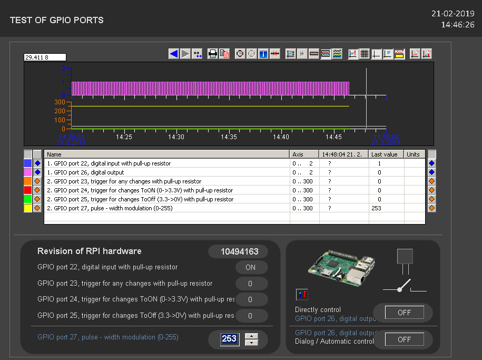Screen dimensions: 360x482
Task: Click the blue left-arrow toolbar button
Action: [174, 54]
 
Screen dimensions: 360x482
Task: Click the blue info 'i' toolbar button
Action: [263, 54]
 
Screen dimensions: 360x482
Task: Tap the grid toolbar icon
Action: [364, 54]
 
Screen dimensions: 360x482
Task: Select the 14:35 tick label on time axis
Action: [229, 137]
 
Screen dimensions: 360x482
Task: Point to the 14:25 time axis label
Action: [124, 137]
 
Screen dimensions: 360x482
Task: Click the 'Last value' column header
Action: [384, 154]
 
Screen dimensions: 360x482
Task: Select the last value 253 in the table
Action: [376, 208]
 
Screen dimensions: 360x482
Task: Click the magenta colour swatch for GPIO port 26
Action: [27, 172]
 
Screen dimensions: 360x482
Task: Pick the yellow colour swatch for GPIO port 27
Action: [27, 208]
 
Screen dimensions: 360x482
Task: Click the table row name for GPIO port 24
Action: [140, 190]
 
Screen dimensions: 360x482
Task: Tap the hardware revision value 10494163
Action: [238, 252]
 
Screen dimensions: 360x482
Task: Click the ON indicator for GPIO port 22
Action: [251, 268]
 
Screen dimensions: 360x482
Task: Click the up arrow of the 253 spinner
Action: [252, 336]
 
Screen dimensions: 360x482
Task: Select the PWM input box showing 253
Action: [229, 339]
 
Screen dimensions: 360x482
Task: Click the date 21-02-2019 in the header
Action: [453, 14]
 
